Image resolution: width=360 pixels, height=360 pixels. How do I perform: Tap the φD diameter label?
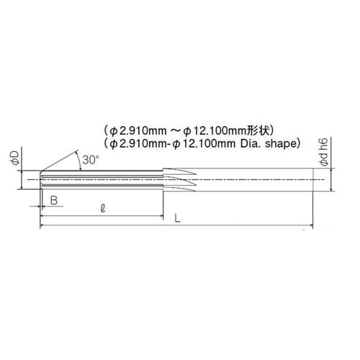(x=15, y=158)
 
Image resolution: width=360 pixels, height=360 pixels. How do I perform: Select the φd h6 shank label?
(x=323, y=152)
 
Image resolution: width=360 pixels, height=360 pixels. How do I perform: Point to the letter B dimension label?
(x=54, y=200)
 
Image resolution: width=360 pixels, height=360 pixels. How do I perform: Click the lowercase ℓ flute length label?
(x=103, y=208)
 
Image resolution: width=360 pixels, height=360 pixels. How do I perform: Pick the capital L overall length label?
(x=177, y=218)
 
